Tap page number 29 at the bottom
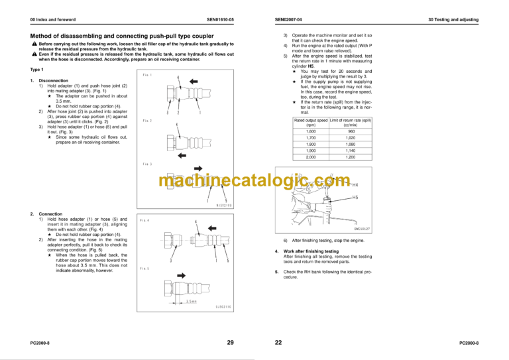click(230, 343)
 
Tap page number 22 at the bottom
click(278, 343)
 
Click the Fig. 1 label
click(147, 75)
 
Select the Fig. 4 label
click(145, 220)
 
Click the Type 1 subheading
click(37, 70)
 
